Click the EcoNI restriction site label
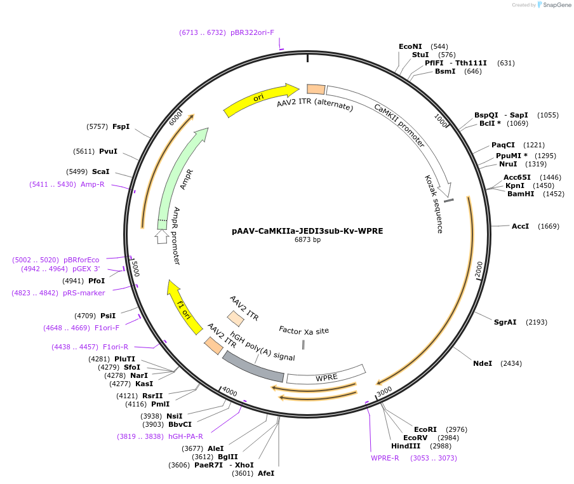click(410, 46)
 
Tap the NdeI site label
click(483, 363)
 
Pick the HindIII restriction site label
click(406, 446)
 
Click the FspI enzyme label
click(121, 126)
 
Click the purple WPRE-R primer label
click(385, 458)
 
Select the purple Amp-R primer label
click(92, 184)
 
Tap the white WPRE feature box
click(326, 377)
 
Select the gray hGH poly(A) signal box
click(253, 366)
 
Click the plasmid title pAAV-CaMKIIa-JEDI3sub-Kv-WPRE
click(307, 231)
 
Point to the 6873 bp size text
click(307, 240)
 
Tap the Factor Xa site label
click(304, 330)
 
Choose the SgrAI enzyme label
click(505, 322)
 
